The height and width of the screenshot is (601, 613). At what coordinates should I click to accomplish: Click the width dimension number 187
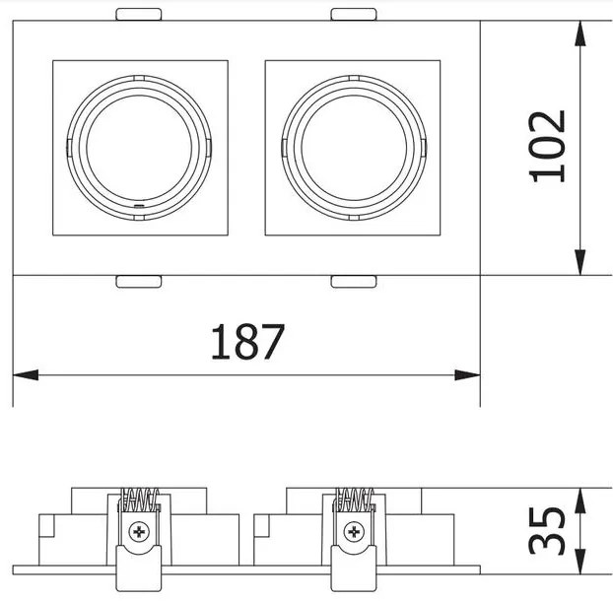[x=247, y=342]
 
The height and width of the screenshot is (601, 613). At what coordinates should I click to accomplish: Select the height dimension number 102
[x=548, y=146]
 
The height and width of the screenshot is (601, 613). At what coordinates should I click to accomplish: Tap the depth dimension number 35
[x=548, y=532]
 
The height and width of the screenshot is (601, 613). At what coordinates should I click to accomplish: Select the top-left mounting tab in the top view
[x=139, y=14]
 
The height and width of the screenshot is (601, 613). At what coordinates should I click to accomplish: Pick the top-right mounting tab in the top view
[x=354, y=14]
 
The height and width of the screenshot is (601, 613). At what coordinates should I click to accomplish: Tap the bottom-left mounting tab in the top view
[x=139, y=282]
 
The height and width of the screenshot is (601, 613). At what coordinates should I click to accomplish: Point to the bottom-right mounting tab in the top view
[x=354, y=282]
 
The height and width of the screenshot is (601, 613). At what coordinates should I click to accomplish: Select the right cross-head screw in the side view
[x=353, y=533]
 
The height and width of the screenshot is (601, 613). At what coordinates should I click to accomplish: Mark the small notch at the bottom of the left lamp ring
[x=138, y=207]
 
